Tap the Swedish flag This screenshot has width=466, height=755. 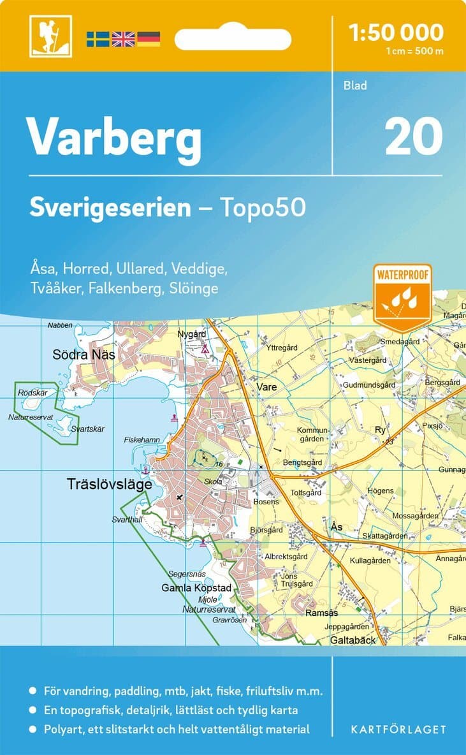pyautogui.click(x=98, y=39)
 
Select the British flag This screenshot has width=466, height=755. pyautogui.click(x=123, y=39)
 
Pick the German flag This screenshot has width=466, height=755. pyautogui.click(x=149, y=39)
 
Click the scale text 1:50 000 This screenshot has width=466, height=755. pyautogui.click(x=397, y=31)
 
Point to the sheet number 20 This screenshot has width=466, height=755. pyautogui.click(x=414, y=136)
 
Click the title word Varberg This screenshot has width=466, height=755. pyautogui.click(x=114, y=137)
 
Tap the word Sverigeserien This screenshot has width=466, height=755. pyautogui.click(x=110, y=207)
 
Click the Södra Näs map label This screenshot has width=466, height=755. pyautogui.click(x=84, y=354)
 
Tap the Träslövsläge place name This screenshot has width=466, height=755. pyautogui.click(x=110, y=485)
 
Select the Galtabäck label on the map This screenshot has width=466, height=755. pyautogui.click(x=353, y=640)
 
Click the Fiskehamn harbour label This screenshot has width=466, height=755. pyautogui.click(x=142, y=440)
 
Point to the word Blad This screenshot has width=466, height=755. pyautogui.click(x=355, y=85)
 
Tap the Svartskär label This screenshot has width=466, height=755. pyautogui.click(x=87, y=429)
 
